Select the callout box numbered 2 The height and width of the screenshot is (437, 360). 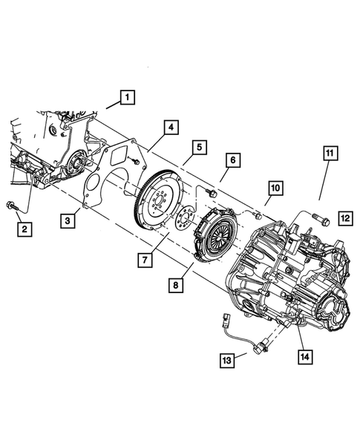tap(24, 229)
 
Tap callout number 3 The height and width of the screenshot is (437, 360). tap(69, 220)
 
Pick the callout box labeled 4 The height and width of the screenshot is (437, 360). tap(171, 128)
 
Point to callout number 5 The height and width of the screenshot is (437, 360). tap(199, 148)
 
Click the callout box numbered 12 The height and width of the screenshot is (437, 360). tap(344, 217)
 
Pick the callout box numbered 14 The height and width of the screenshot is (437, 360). tap(305, 357)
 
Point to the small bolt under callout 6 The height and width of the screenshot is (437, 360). tap(211, 194)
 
